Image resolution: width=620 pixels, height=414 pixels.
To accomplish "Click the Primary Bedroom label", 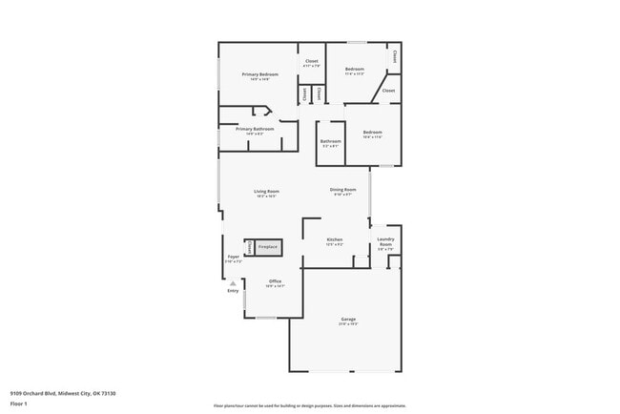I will click(259, 74).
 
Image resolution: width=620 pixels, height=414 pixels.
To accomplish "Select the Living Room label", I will click(266, 192).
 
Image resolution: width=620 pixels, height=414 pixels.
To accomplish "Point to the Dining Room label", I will click(343, 189).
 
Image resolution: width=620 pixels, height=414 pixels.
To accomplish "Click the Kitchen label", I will click(335, 239).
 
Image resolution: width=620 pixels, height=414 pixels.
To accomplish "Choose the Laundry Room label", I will click(385, 242).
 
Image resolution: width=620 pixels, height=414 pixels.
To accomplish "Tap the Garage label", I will click(349, 319).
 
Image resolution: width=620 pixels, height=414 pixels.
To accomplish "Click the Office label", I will click(275, 281).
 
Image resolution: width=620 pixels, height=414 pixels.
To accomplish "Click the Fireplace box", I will click(268, 247).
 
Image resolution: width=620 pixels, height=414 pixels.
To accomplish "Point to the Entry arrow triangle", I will click(233, 282).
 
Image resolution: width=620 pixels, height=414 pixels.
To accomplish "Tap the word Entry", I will click(233, 291).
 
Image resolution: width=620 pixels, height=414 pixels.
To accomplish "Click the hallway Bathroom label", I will click(330, 141).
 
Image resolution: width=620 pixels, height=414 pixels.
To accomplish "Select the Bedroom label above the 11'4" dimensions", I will click(355, 69).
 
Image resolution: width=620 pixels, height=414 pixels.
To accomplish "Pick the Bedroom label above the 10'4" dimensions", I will click(372, 133).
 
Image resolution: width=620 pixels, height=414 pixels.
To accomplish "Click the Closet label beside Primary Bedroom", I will click(311, 62).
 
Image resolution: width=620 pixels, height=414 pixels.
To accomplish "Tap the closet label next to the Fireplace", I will click(250, 247).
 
